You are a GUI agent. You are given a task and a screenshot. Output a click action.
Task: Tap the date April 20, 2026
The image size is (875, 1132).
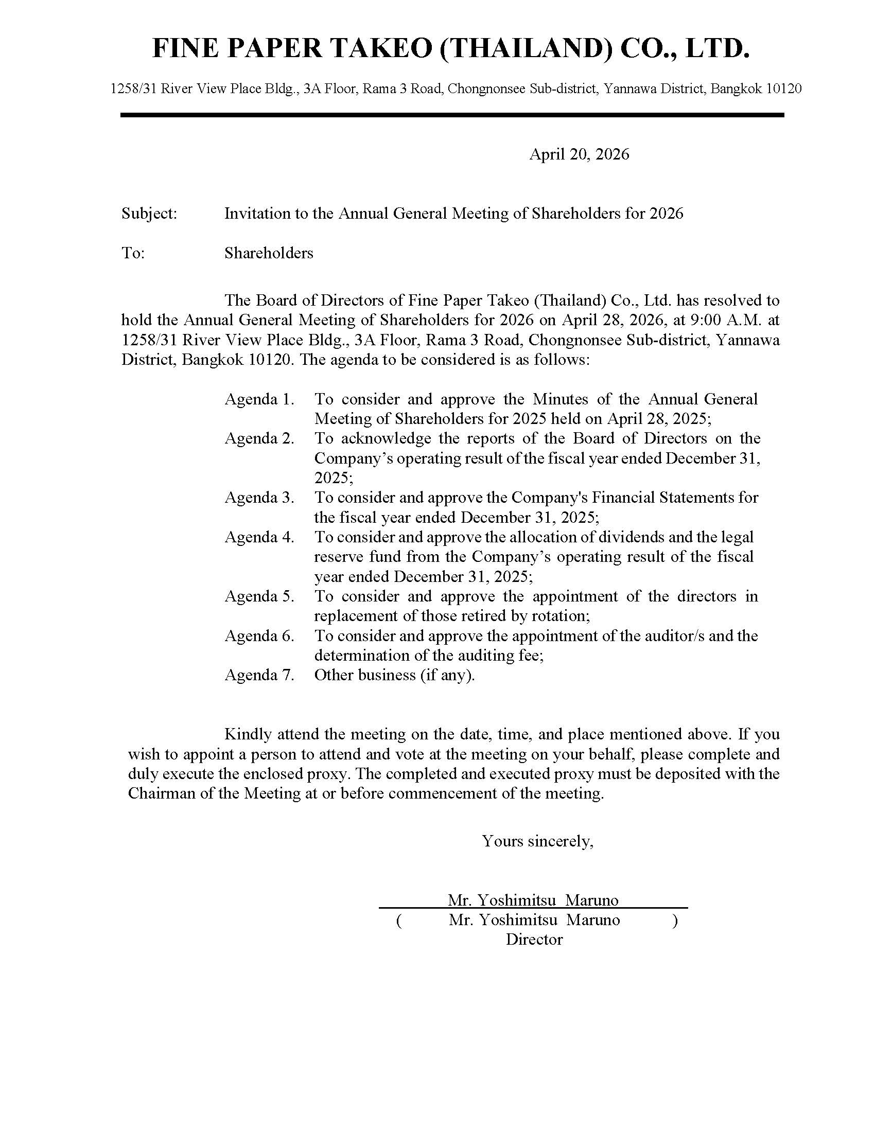point(579,154)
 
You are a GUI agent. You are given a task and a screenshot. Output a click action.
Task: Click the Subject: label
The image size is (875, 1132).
point(149,213)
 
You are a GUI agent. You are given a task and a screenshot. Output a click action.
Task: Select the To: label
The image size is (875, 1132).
point(133,253)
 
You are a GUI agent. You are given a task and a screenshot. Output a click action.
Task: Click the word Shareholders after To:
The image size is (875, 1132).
point(269,253)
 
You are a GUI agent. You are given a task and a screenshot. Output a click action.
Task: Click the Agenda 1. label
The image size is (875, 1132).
point(259,399)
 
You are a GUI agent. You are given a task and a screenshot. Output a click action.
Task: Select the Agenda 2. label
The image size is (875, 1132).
point(259,438)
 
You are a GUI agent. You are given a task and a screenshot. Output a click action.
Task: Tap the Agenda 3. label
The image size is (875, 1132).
point(259,498)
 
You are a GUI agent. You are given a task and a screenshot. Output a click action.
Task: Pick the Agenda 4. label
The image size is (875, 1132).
point(259,537)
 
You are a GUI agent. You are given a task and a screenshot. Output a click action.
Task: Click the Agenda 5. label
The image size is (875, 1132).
point(259,596)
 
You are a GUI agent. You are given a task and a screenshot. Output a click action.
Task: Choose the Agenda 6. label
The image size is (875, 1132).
point(259,635)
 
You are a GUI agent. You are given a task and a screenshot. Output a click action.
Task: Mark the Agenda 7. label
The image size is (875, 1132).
point(259,675)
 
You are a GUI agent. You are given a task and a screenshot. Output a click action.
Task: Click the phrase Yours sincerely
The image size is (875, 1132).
point(537,841)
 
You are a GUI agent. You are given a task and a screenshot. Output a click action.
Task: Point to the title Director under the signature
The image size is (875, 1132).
point(534,940)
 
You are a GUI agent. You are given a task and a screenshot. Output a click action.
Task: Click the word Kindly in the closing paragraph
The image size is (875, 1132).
point(248,734)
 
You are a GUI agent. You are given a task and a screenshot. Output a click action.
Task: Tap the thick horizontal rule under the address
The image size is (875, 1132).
point(452,115)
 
